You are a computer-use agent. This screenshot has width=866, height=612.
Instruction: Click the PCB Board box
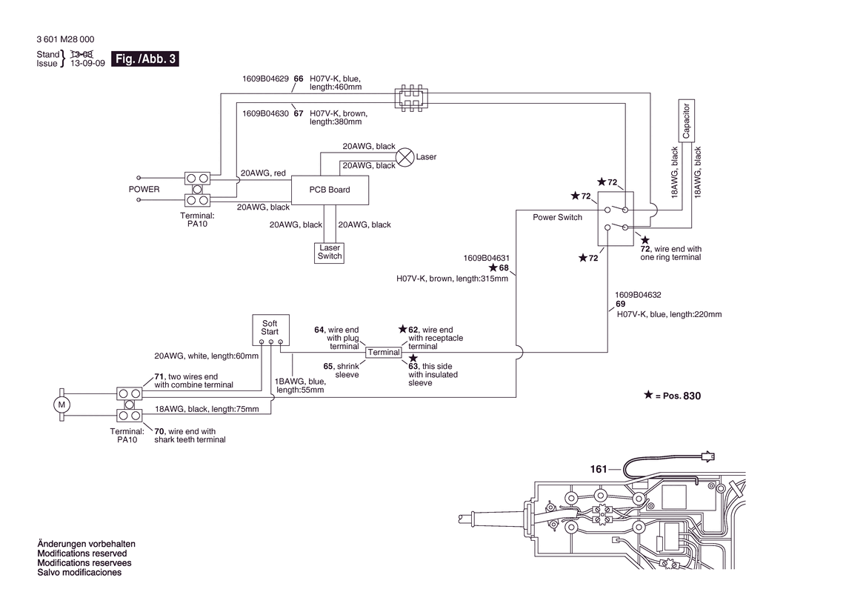(x=330, y=190)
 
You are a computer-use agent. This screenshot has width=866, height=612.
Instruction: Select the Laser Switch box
(x=330, y=252)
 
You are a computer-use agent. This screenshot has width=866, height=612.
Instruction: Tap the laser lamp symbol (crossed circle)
(x=405, y=156)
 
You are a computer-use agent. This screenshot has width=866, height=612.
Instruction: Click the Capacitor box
(x=686, y=121)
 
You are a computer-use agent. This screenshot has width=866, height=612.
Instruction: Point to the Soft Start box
(x=270, y=328)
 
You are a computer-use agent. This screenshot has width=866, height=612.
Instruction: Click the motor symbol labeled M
(x=61, y=405)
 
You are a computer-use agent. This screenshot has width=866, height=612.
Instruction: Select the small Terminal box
(x=384, y=352)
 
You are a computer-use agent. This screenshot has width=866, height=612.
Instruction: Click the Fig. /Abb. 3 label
(x=144, y=59)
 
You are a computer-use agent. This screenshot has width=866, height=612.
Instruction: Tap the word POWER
(x=144, y=189)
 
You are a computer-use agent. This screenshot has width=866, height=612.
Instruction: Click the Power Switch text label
(x=557, y=218)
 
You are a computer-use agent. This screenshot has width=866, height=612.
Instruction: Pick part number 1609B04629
(x=265, y=79)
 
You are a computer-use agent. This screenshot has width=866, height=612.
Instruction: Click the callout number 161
(x=599, y=469)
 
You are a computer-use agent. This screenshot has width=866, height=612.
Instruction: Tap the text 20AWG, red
(x=263, y=173)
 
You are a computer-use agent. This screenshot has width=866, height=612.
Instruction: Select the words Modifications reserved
(x=81, y=553)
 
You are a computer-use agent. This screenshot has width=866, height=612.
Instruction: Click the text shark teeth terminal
(x=190, y=440)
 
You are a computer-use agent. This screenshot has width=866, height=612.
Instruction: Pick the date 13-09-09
(x=87, y=64)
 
